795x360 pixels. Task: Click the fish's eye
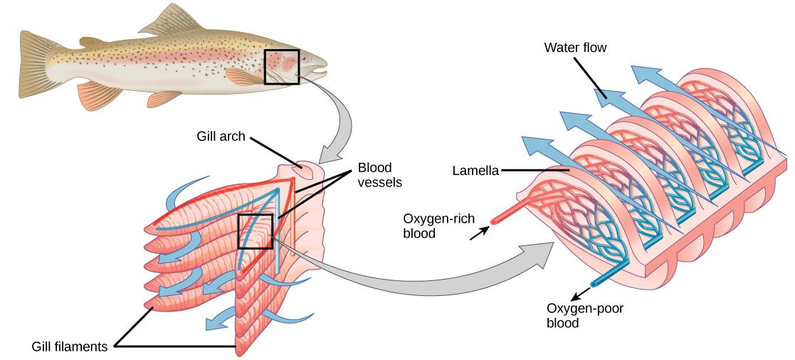(305, 58)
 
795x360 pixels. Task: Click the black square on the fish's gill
(282, 67)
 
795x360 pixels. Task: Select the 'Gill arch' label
(221, 136)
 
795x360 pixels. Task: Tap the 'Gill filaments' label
(70, 346)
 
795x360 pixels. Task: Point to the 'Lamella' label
(475, 170)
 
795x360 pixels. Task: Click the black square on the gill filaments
(256, 231)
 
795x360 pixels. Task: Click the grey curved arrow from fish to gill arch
(335, 120)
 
